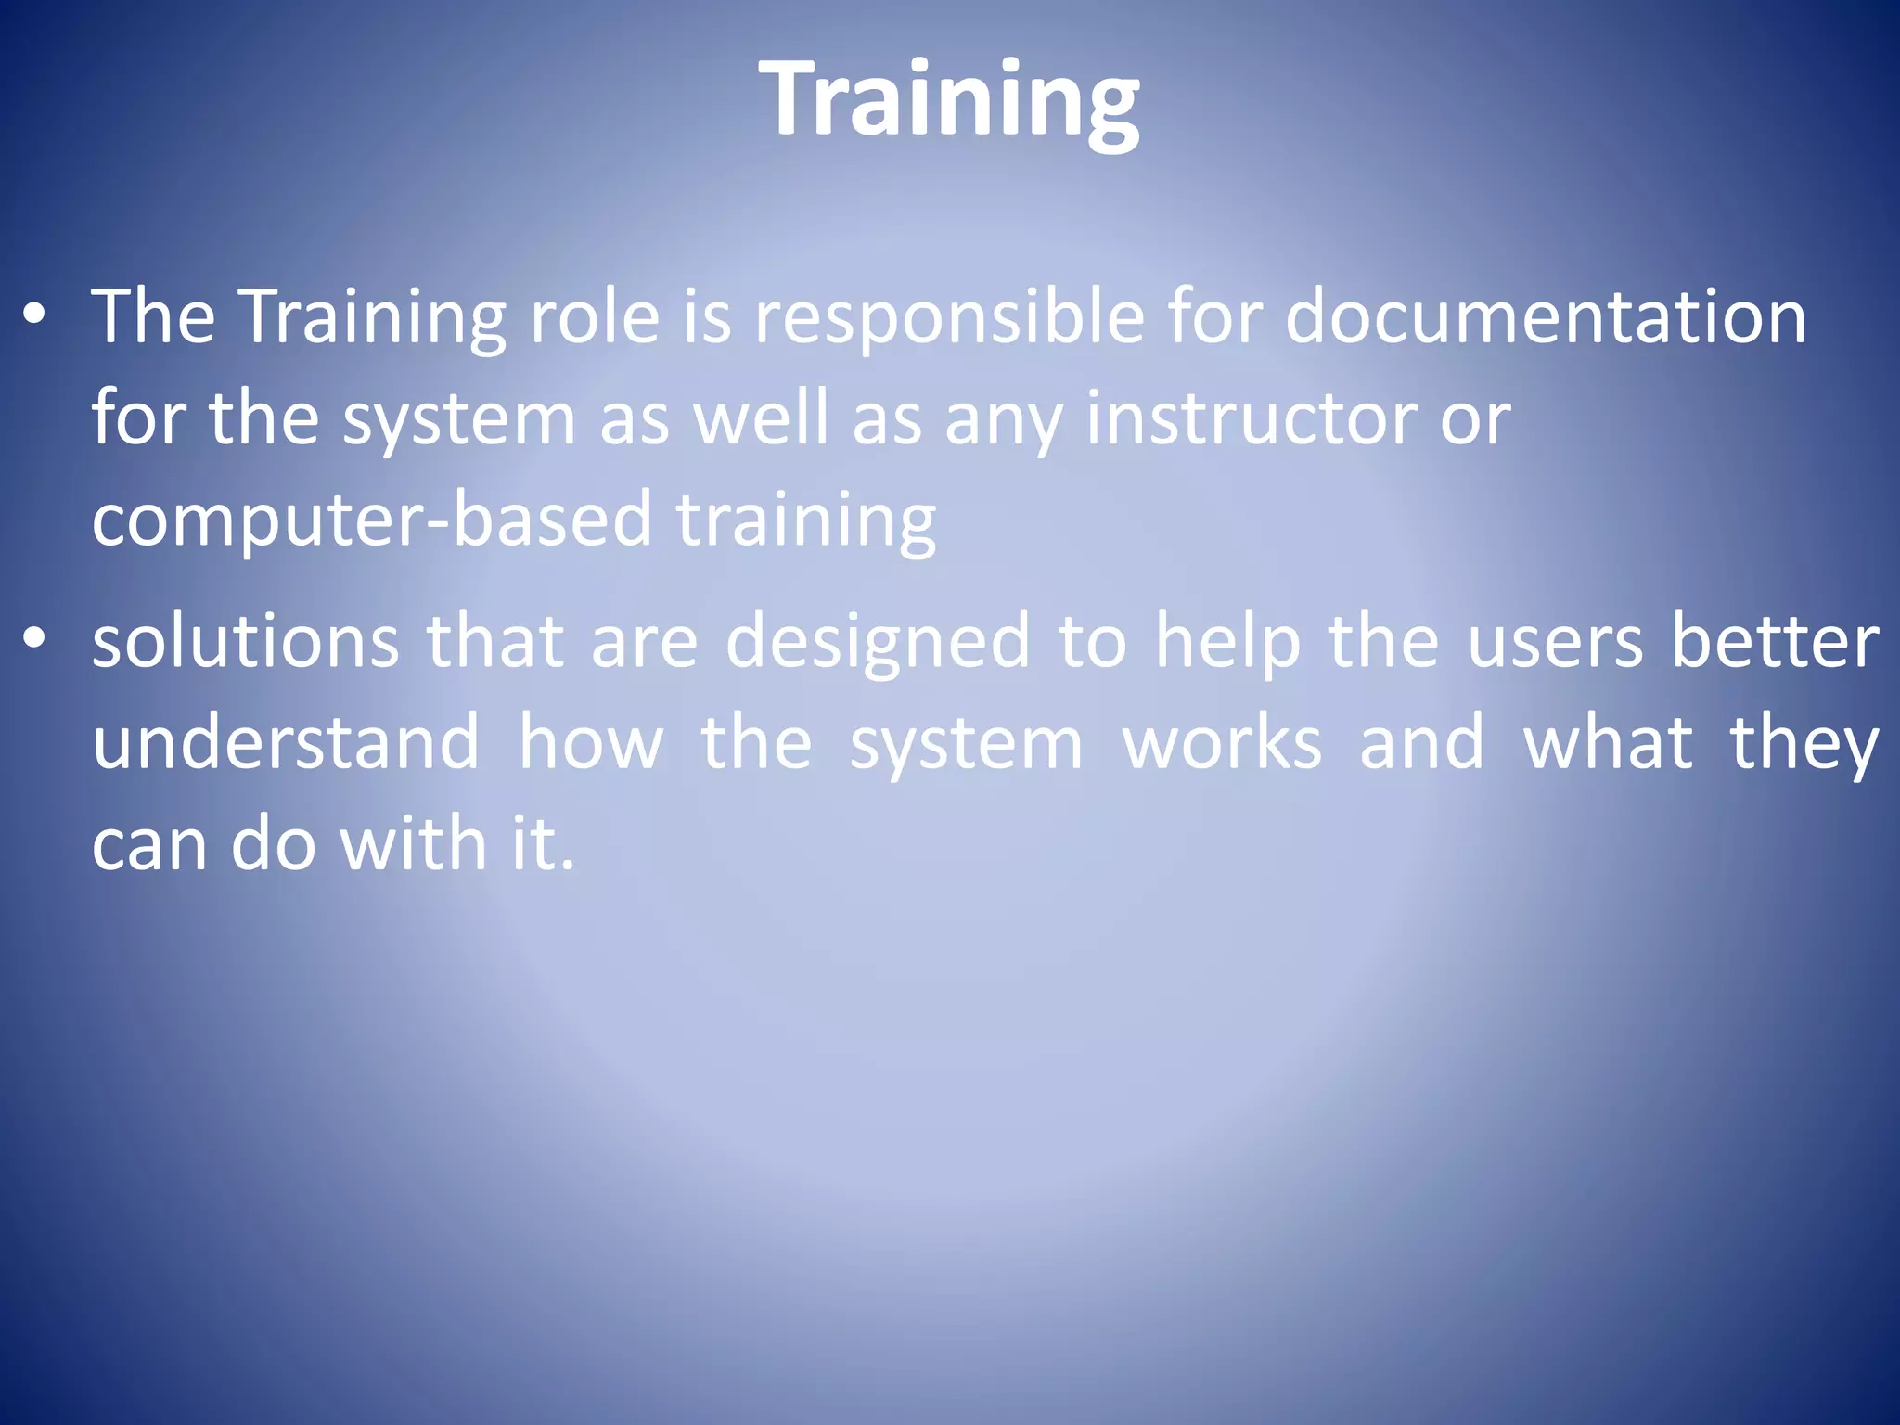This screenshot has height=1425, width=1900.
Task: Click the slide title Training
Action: click(x=949, y=100)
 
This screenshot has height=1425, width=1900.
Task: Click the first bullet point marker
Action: click(x=35, y=316)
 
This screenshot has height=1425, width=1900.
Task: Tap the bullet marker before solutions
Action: click(x=35, y=639)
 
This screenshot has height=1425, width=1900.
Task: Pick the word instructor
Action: click(x=1252, y=419)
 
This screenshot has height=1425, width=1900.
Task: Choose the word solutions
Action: click(x=246, y=641)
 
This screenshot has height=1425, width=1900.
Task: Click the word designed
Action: click(x=878, y=643)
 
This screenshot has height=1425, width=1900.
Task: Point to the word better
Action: click(x=1775, y=641)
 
